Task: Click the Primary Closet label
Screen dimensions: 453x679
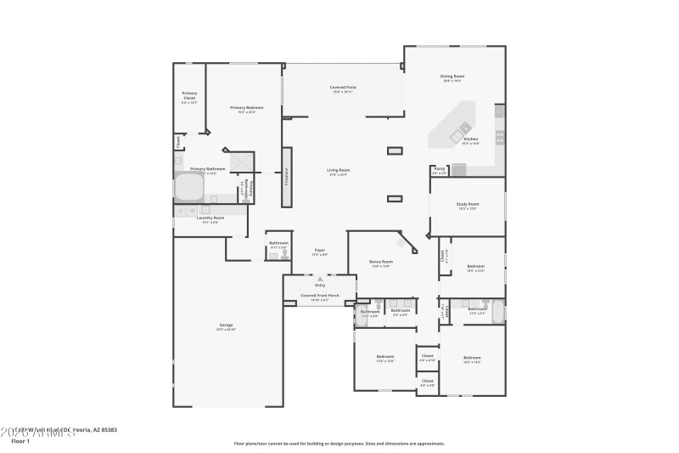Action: click(x=189, y=95)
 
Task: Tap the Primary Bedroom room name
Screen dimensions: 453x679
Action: click(x=246, y=108)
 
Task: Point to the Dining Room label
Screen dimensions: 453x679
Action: click(x=452, y=76)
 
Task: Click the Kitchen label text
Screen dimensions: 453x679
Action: click(x=470, y=139)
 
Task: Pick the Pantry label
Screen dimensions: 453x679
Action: click(x=440, y=169)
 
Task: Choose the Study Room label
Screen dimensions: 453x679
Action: click(x=468, y=204)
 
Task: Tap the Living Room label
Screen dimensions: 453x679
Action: click(x=339, y=170)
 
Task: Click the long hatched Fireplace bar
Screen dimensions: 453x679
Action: click(x=287, y=178)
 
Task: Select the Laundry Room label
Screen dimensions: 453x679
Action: click(x=210, y=218)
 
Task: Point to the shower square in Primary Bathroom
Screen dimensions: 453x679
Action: click(x=241, y=161)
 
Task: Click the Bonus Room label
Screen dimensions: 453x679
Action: click(x=380, y=262)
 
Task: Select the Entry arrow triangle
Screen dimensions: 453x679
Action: click(x=320, y=279)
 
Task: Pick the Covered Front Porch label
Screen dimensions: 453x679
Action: click(x=320, y=296)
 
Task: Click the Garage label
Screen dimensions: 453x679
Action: click(x=226, y=325)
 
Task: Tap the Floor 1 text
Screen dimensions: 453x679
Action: click(x=20, y=441)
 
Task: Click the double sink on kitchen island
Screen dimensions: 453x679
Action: click(x=463, y=132)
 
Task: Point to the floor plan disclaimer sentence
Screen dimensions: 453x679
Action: click(x=339, y=443)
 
